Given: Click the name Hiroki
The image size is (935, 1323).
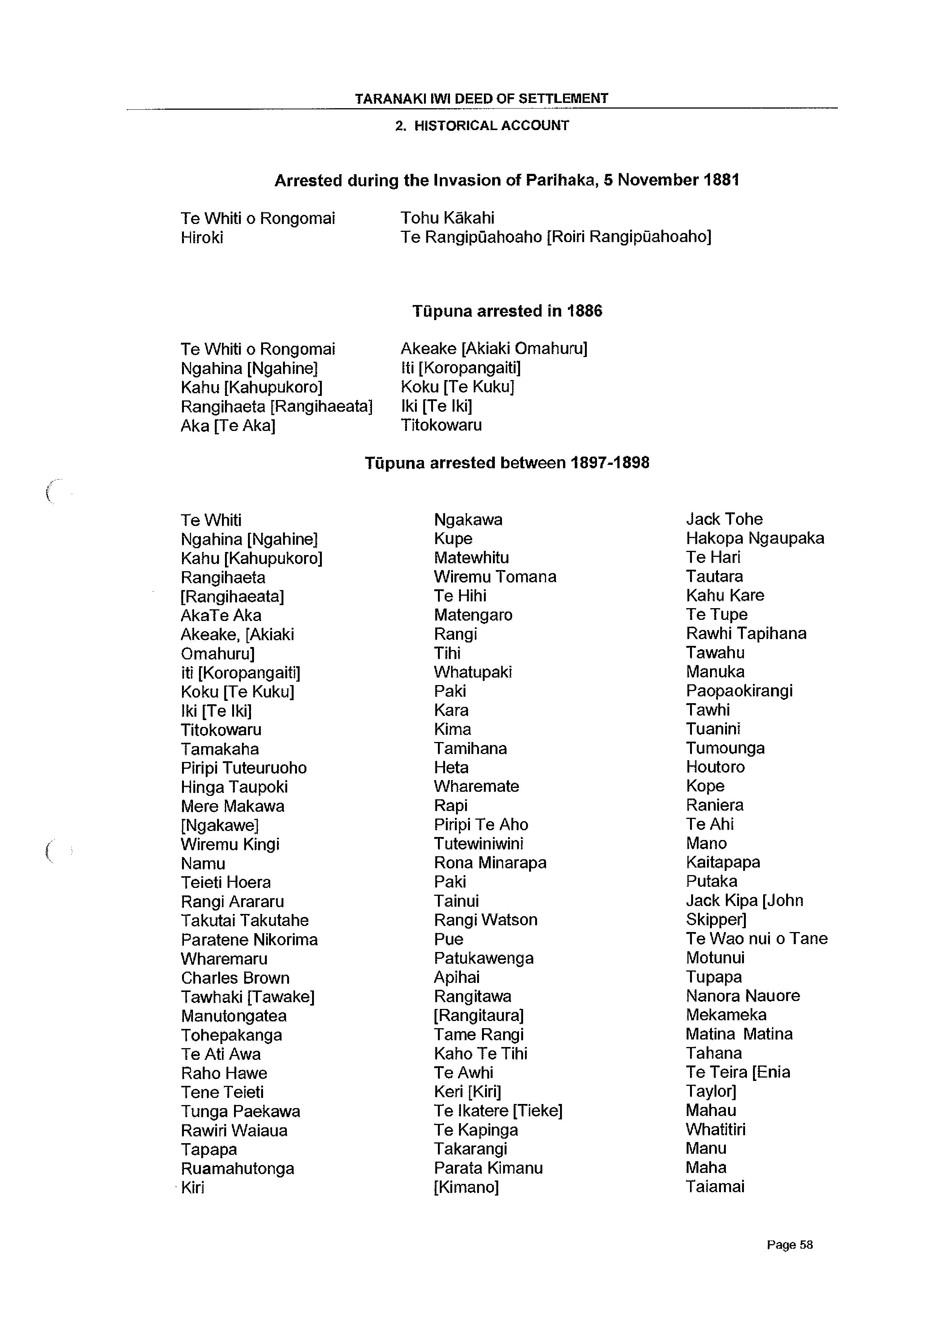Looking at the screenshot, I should click(x=202, y=238).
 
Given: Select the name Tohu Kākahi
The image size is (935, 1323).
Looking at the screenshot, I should click(x=447, y=218).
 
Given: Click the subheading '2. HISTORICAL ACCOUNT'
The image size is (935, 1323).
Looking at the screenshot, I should click(x=482, y=126).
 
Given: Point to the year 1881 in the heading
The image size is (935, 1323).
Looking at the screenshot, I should click(x=721, y=180).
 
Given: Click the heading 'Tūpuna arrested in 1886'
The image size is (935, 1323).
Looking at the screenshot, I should click(x=507, y=311).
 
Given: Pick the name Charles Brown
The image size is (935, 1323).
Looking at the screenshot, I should click(x=235, y=978).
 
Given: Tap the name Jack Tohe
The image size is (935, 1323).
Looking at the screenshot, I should click(x=724, y=519).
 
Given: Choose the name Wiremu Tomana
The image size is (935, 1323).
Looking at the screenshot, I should click(x=495, y=577).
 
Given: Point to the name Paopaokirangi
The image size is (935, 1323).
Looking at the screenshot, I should click(x=739, y=691).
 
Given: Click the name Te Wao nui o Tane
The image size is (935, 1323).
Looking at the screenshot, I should click(x=756, y=939).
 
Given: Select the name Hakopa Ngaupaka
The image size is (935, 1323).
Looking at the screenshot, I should click(x=755, y=538).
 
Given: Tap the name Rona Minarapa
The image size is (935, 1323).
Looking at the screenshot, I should click(x=490, y=863).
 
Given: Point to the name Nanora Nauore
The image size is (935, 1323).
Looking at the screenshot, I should click(x=742, y=996).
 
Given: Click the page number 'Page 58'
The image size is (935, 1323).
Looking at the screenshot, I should click(x=789, y=1245).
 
